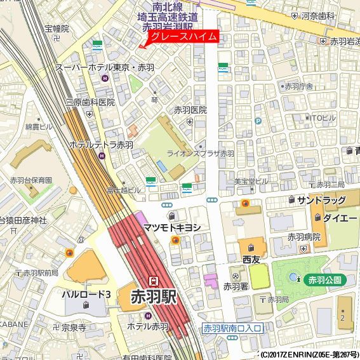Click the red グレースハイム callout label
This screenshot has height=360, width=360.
click(183, 37)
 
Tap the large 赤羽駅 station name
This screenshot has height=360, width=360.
click(152, 297)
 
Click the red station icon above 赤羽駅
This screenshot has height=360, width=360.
click(153, 280)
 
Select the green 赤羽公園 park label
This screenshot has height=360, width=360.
click(324, 279)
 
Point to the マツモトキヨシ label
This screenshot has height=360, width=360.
click(172, 227)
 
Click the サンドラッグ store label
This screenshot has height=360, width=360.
click(321, 200)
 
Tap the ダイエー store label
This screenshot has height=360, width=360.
click(335, 217)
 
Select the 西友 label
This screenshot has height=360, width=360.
click(251, 260)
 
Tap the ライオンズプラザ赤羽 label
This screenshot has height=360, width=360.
click(200, 154)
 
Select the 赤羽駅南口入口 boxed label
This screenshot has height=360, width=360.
click(232, 328)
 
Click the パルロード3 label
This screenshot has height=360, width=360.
click(86, 294)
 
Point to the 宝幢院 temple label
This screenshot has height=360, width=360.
click(57, 29)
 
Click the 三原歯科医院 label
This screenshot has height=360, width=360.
click(90, 102)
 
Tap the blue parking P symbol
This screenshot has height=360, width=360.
click(258, 122)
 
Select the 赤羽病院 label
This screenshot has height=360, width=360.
click(303, 236)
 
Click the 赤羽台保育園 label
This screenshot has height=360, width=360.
click(30, 180)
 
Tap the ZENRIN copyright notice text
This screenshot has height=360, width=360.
click(309, 355)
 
